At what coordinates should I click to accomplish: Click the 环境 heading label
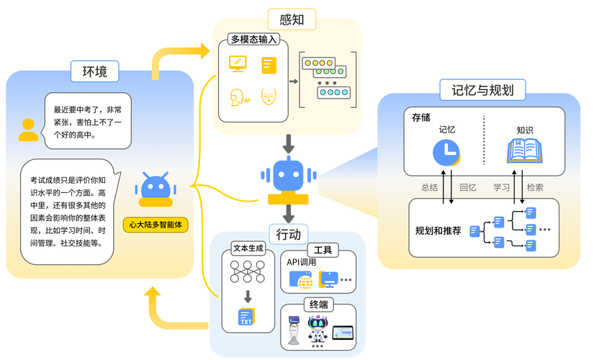pos(95,72)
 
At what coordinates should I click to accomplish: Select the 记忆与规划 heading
pos(482,90)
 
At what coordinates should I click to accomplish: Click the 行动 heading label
pos(289,235)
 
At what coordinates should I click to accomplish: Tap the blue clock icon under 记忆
pos(447,153)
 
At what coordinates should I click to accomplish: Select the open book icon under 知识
pos(524,152)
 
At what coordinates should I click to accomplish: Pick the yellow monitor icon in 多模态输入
pos(238,63)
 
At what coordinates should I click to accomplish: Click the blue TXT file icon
pos(247,316)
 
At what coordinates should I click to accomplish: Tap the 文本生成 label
pos(247,248)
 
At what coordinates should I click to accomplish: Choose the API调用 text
pos(302,262)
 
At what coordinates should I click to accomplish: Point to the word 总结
pos(430,187)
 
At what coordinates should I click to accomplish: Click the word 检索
pos(535,187)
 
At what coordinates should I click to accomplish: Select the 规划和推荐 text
pos(438,230)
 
